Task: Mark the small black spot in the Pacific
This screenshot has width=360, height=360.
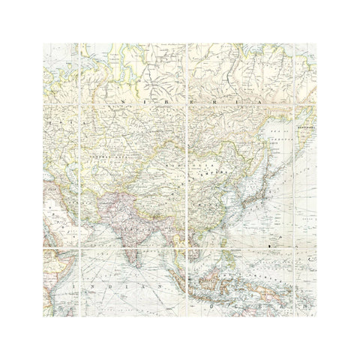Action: tap(268, 244)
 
